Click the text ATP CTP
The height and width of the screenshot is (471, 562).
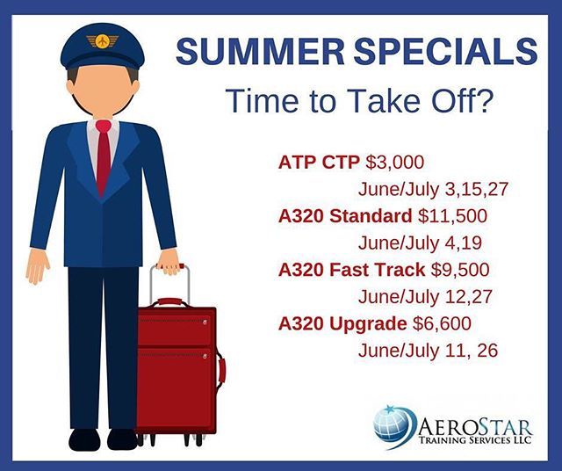point(313,162)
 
